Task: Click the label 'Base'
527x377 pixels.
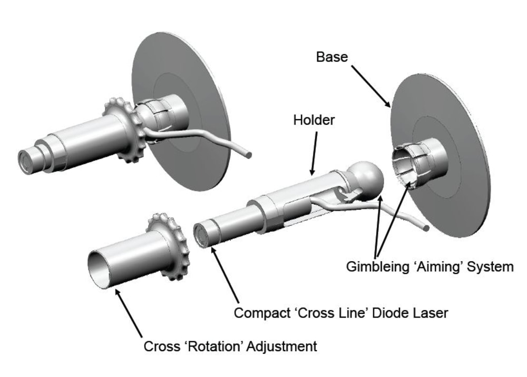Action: click(332, 57)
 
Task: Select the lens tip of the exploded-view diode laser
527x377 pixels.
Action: click(200, 235)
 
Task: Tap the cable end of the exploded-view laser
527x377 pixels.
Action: click(425, 228)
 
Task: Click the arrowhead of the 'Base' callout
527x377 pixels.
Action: click(389, 105)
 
